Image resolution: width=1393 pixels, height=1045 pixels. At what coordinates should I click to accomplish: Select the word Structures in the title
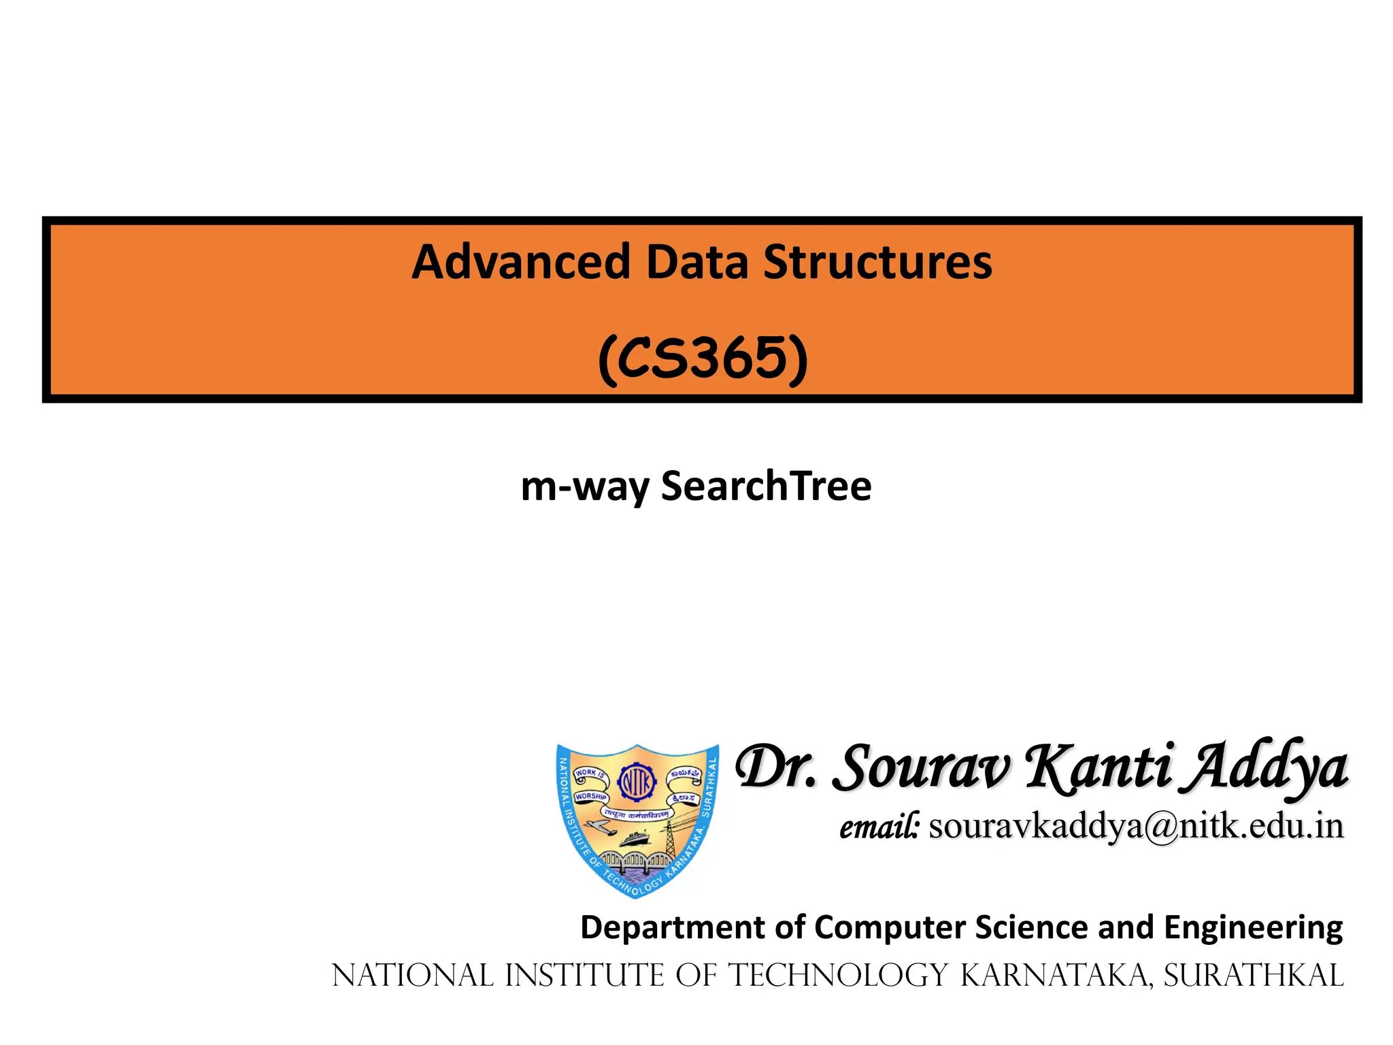point(877,262)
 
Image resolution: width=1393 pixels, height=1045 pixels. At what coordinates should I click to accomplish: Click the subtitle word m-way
point(585,487)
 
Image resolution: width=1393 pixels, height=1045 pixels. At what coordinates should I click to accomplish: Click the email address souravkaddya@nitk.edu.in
point(1136,827)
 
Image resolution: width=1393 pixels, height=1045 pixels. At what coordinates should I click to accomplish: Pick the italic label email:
point(879,827)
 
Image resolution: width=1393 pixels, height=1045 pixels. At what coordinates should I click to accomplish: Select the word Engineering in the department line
point(1254,927)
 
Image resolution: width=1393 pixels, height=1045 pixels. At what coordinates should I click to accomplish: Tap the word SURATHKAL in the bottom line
point(1254,976)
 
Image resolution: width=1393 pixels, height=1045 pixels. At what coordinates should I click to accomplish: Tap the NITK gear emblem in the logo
point(637,783)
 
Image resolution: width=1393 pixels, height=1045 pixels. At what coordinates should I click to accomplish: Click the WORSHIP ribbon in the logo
point(590,796)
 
